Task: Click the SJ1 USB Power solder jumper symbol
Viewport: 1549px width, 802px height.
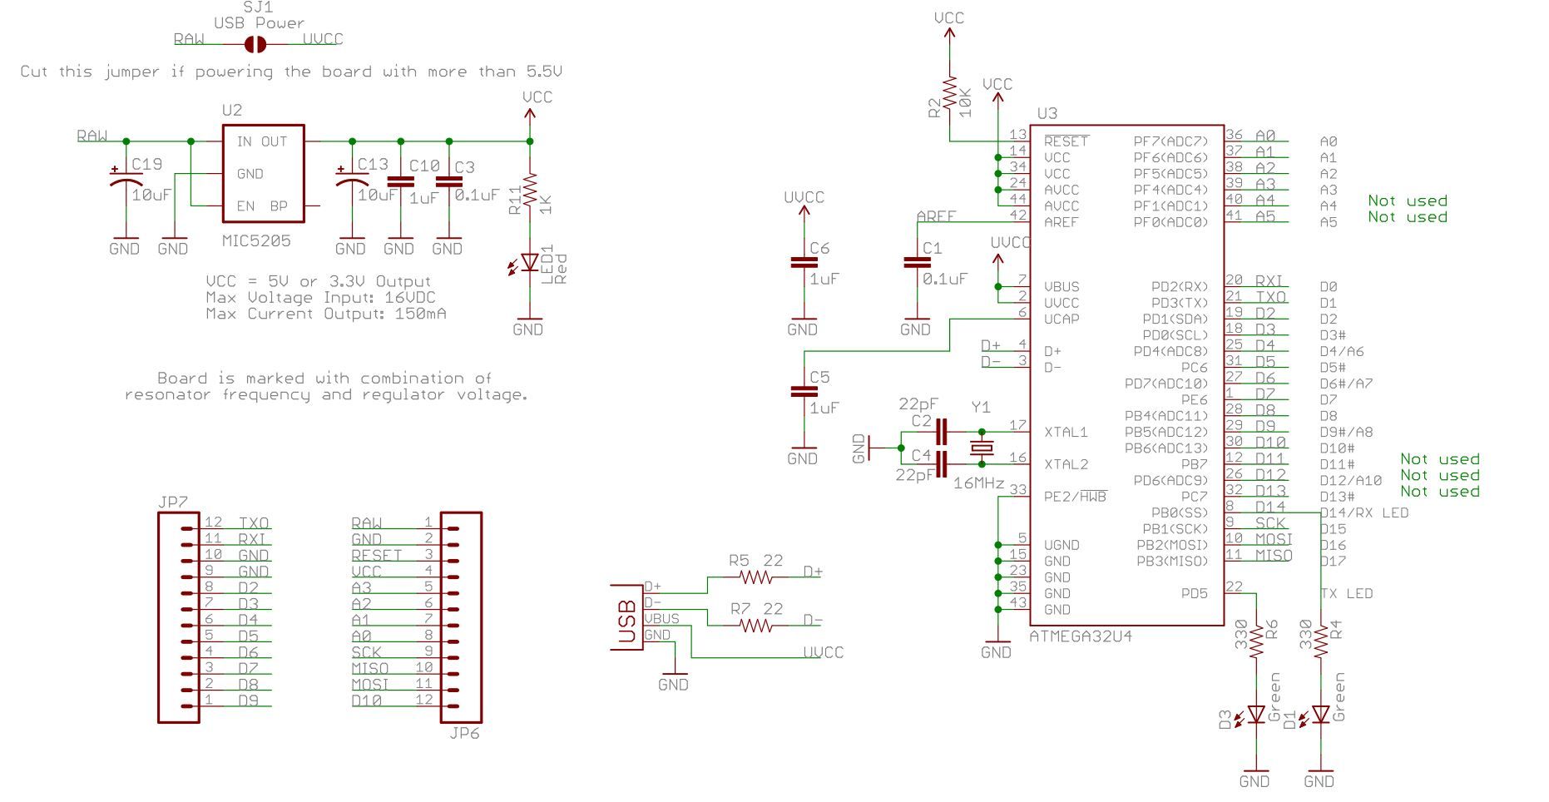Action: (x=255, y=44)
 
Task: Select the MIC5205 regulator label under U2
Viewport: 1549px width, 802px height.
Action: (x=256, y=240)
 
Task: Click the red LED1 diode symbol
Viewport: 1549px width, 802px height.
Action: (x=529, y=263)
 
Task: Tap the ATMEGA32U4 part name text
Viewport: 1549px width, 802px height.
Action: (x=1080, y=636)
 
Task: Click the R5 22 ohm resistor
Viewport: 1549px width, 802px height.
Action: (x=756, y=577)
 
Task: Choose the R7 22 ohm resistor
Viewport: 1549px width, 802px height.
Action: (x=756, y=625)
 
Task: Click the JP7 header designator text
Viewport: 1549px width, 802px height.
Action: (x=172, y=503)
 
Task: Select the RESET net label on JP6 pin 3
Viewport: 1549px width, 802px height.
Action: (x=376, y=555)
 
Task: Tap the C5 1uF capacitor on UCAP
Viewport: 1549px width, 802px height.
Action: (x=803, y=392)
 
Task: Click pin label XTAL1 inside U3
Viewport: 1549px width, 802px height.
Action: (x=1066, y=433)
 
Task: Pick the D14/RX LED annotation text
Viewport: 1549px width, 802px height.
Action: (x=1363, y=512)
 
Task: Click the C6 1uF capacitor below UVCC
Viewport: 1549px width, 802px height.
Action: (x=803, y=263)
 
